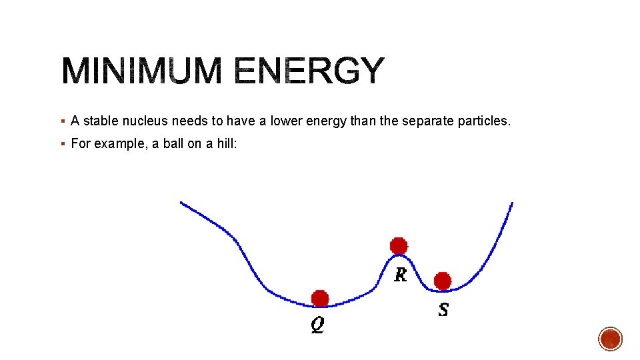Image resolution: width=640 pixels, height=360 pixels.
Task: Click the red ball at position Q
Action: pyautogui.click(x=320, y=298)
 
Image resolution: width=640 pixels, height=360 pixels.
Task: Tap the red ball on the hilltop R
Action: pyautogui.click(x=399, y=245)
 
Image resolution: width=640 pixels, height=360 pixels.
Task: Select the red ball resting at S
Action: pyautogui.click(x=443, y=281)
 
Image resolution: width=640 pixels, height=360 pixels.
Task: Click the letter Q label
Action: pyautogui.click(x=318, y=325)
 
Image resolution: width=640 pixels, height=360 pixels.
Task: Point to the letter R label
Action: pyautogui.click(x=400, y=274)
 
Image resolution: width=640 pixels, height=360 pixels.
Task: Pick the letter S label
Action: pyautogui.click(x=443, y=309)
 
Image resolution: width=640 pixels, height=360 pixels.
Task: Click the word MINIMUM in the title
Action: pyautogui.click(x=141, y=71)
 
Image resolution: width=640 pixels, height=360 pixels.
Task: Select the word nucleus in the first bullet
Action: pyautogui.click(x=145, y=121)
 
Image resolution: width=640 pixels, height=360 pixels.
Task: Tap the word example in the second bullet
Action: pyautogui.click(x=119, y=143)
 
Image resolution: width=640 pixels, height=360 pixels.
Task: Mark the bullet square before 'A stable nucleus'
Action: pyautogui.click(x=62, y=121)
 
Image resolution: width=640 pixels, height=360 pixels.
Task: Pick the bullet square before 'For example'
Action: pyautogui.click(x=62, y=143)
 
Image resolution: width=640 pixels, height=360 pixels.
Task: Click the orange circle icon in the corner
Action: pyautogui.click(x=610, y=339)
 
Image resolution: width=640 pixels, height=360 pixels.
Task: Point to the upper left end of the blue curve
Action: pyautogui.click(x=181, y=203)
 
